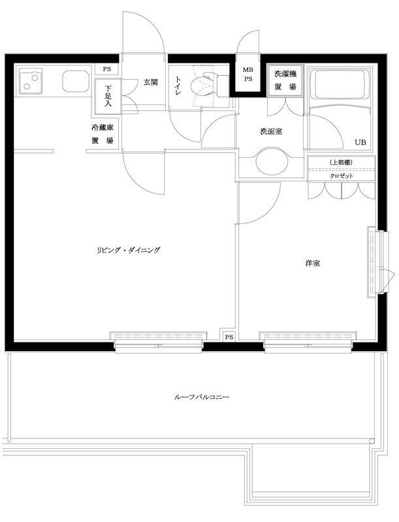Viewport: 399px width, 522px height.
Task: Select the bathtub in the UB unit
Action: tap(342, 84)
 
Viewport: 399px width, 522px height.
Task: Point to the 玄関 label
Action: tap(151, 83)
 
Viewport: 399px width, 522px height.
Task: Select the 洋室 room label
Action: tap(312, 264)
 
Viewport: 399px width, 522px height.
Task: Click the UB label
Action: tap(360, 142)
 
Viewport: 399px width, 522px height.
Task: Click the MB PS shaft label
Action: tap(249, 74)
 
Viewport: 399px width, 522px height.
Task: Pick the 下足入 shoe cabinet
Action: tap(107, 96)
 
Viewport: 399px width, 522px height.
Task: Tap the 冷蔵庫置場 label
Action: tap(103, 134)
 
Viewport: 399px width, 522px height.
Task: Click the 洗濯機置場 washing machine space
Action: tap(285, 80)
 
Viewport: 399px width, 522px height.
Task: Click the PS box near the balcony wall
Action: tap(229, 337)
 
